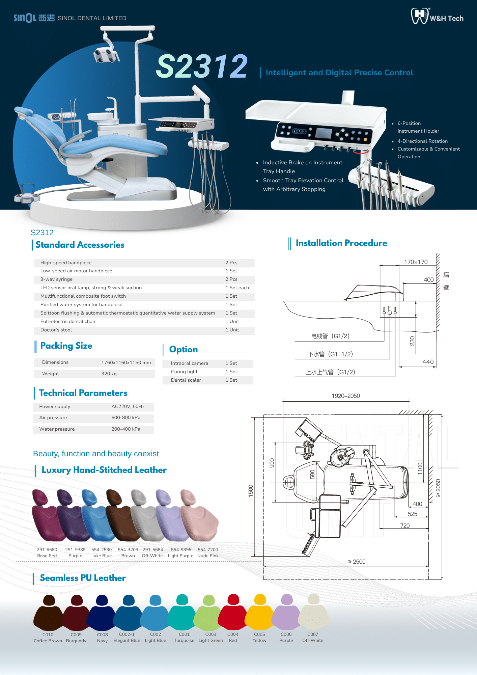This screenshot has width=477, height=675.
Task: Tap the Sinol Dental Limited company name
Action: click(92, 18)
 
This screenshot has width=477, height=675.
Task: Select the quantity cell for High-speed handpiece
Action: click(231, 263)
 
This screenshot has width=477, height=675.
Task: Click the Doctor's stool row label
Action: click(56, 330)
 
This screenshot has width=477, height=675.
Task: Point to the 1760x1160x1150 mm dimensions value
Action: click(126, 362)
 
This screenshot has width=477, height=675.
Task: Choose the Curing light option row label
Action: click(184, 372)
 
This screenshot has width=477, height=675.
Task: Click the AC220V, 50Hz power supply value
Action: click(128, 406)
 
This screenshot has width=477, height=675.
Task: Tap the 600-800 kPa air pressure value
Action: click(126, 417)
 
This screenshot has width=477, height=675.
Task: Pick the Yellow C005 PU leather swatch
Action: click(259, 613)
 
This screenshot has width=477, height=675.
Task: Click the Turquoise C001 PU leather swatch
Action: click(182, 613)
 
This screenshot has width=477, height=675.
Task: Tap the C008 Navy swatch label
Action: click(102, 638)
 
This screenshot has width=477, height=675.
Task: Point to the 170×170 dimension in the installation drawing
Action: click(416, 262)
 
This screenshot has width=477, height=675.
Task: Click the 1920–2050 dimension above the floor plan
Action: click(346, 396)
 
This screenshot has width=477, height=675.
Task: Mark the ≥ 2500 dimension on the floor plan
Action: click(357, 562)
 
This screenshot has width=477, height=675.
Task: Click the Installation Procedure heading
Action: click(341, 243)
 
